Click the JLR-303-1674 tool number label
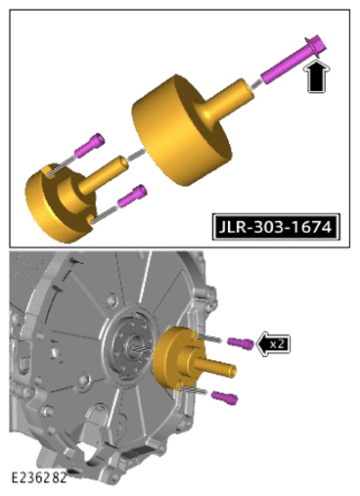[x=276, y=227]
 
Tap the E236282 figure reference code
[x=39, y=477]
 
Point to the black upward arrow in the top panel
[x=317, y=76]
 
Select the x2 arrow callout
[x=273, y=343]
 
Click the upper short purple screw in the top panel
[x=90, y=146]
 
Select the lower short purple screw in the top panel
[x=132, y=196]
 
